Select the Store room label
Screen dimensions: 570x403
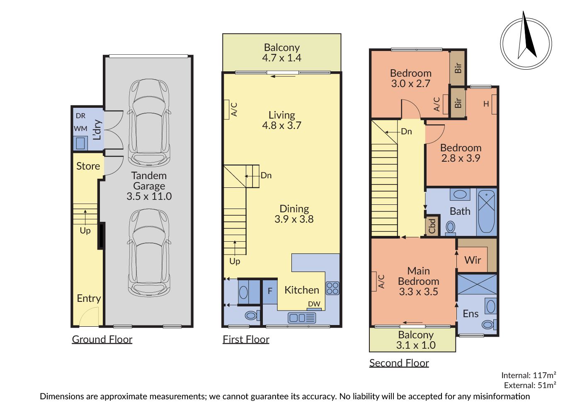click(88, 166)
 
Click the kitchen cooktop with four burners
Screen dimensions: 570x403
click(332, 288)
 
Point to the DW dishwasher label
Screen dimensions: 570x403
click(314, 304)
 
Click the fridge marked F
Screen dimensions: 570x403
click(270, 292)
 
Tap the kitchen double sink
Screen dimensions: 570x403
click(302, 318)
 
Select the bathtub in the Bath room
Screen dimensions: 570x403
click(486, 212)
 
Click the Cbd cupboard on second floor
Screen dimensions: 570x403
click(432, 226)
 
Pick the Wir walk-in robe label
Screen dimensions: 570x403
click(473, 260)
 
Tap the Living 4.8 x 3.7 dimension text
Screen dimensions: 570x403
click(282, 120)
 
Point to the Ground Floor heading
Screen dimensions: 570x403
click(102, 339)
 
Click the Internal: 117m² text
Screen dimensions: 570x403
click(529, 375)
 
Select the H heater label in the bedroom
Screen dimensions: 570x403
click(486, 104)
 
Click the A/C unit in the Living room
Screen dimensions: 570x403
click(226, 109)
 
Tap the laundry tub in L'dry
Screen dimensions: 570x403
click(80, 143)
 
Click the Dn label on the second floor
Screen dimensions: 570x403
click(406, 131)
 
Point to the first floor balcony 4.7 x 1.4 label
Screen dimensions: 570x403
click(282, 53)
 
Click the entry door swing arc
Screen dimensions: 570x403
click(87, 313)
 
